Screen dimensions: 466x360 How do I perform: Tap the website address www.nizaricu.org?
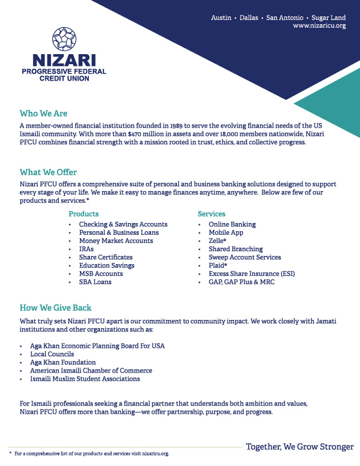click(x=319, y=26)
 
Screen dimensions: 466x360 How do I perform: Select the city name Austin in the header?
click(x=221, y=18)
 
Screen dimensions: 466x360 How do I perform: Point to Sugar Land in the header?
click(x=329, y=18)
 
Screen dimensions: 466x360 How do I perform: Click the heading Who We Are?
click(x=44, y=114)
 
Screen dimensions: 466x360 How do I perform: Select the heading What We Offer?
click(x=48, y=172)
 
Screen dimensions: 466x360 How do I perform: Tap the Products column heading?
click(x=84, y=214)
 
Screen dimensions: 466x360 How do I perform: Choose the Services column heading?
click(x=211, y=214)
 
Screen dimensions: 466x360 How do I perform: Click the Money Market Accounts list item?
click(x=116, y=241)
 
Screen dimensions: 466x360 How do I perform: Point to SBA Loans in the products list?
click(x=95, y=282)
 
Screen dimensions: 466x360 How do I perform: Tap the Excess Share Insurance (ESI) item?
click(x=251, y=274)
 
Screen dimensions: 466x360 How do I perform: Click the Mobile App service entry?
click(x=225, y=232)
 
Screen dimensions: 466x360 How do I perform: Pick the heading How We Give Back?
click(x=55, y=308)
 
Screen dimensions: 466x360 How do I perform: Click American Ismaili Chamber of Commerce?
click(x=91, y=371)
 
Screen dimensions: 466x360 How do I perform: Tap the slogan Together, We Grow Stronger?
click(x=299, y=447)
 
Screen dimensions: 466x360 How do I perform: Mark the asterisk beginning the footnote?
click(x=10, y=454)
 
